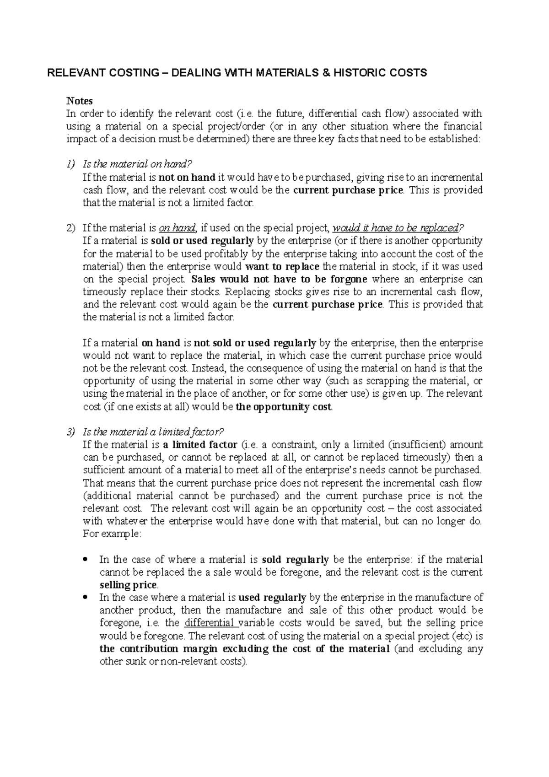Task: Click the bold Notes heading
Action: coord(80,101)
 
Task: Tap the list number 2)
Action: coord(71,228)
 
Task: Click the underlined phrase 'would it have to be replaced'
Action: coord(395,228)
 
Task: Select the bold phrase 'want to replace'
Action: coord(282,266)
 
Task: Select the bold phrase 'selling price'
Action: coord(128,585)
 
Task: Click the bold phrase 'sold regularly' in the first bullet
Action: coord(295,560)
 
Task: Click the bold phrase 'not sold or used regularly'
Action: coord(255,343)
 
